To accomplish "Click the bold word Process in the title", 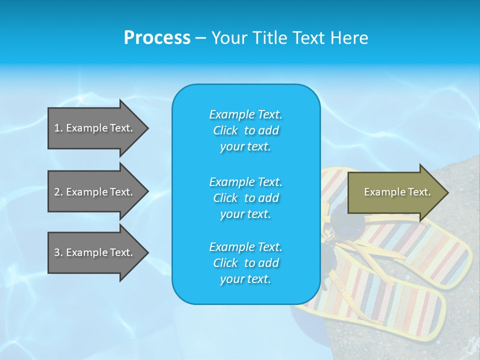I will pyautogui.click(x=157, y=38).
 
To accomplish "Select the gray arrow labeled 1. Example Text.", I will pyautogui.click(x=95, y=128).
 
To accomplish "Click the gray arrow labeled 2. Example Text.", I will pyautogui.click(x=95, y=192).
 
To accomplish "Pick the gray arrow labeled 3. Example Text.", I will pyautogui.click(x=95, y=252).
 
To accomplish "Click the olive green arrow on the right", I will pyautogui.click(x=395, y=192).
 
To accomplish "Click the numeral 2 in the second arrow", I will pyautogui.click(x=57, y=192).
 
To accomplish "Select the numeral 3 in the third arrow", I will pyautogui.click(x=57, y=252).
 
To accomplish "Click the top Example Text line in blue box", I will pyautogui.click(x=245, y=114).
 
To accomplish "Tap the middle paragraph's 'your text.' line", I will pyautogui.click(x=245, y=214).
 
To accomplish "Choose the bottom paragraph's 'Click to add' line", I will pyautogui.click(x=245, y=263).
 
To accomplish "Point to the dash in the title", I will pyautogui.click(x=200, y=38).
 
